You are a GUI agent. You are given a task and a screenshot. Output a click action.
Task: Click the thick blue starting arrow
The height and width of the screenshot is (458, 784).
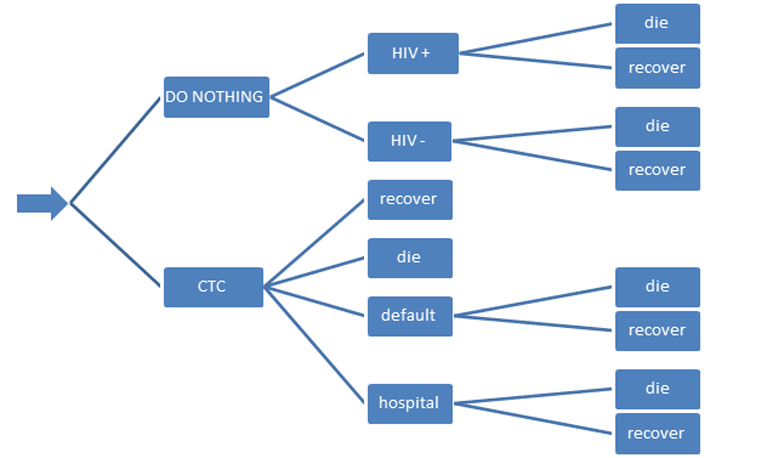pyautogui.click(x=42, y=203)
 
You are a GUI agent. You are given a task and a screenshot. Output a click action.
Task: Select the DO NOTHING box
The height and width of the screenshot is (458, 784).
pyautogui.click(x=217, y=97)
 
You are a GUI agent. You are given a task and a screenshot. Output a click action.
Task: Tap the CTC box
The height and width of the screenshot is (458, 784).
pyautogui.click(x=213, y=287)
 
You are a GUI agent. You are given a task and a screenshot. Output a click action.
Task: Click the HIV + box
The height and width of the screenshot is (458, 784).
pyautogui.click(x=413, y=54)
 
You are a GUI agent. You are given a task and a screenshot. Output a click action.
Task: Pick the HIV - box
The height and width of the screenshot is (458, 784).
pyautogui.click(x=409, y=141)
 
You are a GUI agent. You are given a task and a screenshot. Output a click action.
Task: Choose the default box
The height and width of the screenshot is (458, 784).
pyautogui.click(x=410, y=316)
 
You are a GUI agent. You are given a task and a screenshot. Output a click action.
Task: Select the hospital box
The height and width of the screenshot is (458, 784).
pyautogui.click(x=410, y=404)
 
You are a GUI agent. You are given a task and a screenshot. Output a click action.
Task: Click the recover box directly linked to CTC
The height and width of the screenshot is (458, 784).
pyautogui.click(x=410, y=200)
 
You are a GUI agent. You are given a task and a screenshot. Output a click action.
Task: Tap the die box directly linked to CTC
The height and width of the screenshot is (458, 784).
pyautogui.click(x=410, y=258)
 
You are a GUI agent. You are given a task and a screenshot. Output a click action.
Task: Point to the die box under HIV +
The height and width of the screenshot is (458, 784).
pyautogui.click(x=658, y=24)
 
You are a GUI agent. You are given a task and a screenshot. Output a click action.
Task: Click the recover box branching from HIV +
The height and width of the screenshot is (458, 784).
pyautogui.click(x=658, y=68)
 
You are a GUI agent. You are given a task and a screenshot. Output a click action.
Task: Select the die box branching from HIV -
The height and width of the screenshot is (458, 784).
pyautogui.click(x=658, y=127)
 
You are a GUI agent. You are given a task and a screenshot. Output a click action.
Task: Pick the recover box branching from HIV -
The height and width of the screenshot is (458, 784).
pyautogui.click(x=658, y=171)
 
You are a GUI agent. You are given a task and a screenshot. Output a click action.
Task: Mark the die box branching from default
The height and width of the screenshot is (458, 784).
pyautogui.click(x=658, y=287)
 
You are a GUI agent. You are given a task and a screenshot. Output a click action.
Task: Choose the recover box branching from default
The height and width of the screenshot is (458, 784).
pyautogui.click(x=658, y=331)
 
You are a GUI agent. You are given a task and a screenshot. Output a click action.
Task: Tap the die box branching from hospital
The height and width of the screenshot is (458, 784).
pyautogui.click(x=658, y=389)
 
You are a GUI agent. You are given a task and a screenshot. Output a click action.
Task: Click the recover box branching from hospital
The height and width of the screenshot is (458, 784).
pyautogui.click(x=658, y=434)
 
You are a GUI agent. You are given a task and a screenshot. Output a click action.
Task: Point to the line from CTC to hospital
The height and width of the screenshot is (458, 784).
pyautogui.click(x=314, y=345)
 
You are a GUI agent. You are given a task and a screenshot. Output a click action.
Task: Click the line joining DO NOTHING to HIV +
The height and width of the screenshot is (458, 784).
pyautogui.click(x=317, y=75)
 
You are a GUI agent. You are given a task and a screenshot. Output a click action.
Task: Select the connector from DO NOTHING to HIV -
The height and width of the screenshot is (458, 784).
pyautogui.click(x=317, y=119)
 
